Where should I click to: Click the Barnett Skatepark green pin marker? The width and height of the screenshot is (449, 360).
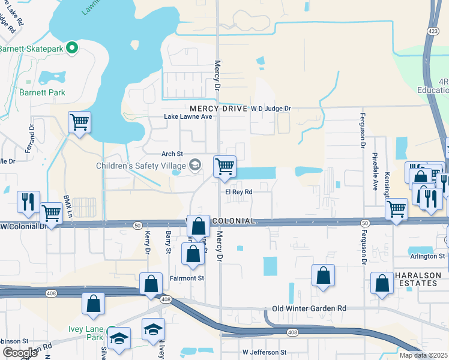pos(72,48)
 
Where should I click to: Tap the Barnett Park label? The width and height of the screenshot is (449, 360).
pos(42,92)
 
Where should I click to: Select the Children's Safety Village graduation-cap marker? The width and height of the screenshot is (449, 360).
pos(195,165)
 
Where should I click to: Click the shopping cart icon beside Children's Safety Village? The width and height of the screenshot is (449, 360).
pos(224,166)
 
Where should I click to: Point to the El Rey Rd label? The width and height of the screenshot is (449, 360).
pos(238,192)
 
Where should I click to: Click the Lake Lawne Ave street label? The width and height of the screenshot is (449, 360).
pos(189,117)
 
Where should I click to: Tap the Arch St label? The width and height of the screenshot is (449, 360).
pos(171,154)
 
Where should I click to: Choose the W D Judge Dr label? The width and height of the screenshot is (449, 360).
pos(271,109)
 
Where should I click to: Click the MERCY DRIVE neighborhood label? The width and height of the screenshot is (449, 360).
pos(218,109)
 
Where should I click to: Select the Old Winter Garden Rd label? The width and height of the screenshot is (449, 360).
pos(309,308)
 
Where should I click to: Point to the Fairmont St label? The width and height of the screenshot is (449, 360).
pos(189,278)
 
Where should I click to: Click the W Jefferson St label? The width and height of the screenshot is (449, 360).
pos(265,352)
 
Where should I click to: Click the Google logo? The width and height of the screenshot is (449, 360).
pos(20,353)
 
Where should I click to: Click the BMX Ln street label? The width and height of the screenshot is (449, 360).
pos(68,208)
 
